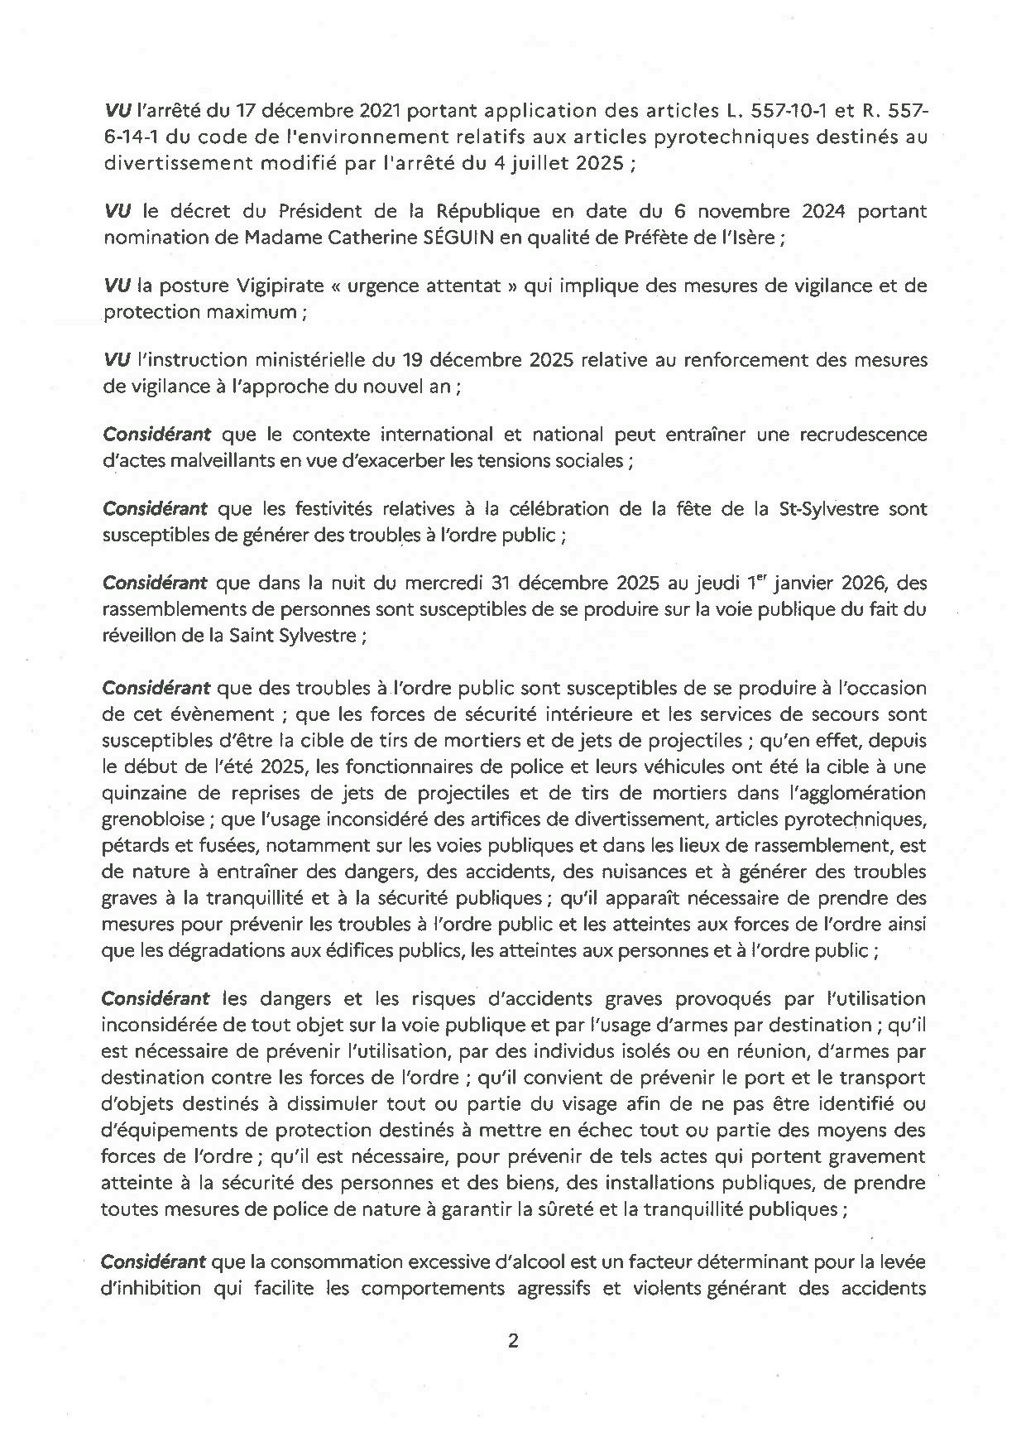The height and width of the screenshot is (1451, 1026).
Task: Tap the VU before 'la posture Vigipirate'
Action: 117,286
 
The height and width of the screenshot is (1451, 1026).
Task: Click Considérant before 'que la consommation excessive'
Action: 153,1262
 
